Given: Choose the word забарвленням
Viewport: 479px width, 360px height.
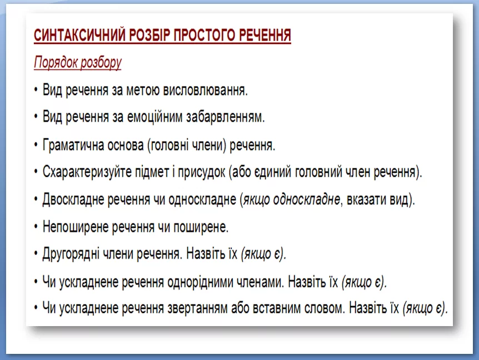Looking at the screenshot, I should (x=227, y=117).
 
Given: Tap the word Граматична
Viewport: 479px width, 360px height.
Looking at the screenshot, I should (x=76, y=146).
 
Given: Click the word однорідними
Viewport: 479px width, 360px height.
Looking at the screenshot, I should (x=216, y=282).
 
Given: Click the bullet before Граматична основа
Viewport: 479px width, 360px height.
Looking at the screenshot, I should (x=36, y=146).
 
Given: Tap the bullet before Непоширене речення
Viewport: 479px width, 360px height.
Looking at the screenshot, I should (x=36, y=227).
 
